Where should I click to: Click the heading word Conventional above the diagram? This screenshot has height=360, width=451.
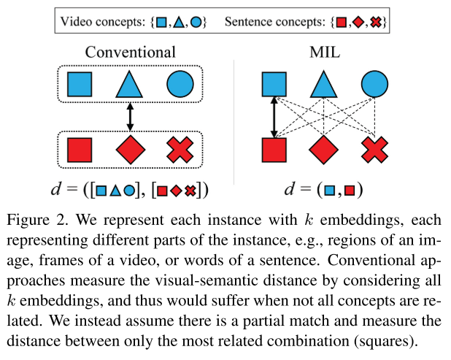pyautogui.click(x=130, y=52)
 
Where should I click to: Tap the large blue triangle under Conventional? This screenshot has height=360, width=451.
pyautogui.click(x=130, y=85)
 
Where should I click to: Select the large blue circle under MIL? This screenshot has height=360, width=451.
pyautogui.click(x=374, y=85)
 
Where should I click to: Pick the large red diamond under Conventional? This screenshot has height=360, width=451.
pyautogui.click(x=131, y=150)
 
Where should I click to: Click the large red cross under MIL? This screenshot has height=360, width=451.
pyautogui.click(x=374, y=150)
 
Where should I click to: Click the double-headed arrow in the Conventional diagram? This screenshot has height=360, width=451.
pyautogui.click(x=130, y=117)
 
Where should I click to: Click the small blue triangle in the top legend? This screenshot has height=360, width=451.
pyautogui.click(x=180, y=23)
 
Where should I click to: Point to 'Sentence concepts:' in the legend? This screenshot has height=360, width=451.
pyautogui.click(x=288, y=22)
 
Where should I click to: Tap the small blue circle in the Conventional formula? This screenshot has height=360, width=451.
pyautogui.click(x=128, y=191)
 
